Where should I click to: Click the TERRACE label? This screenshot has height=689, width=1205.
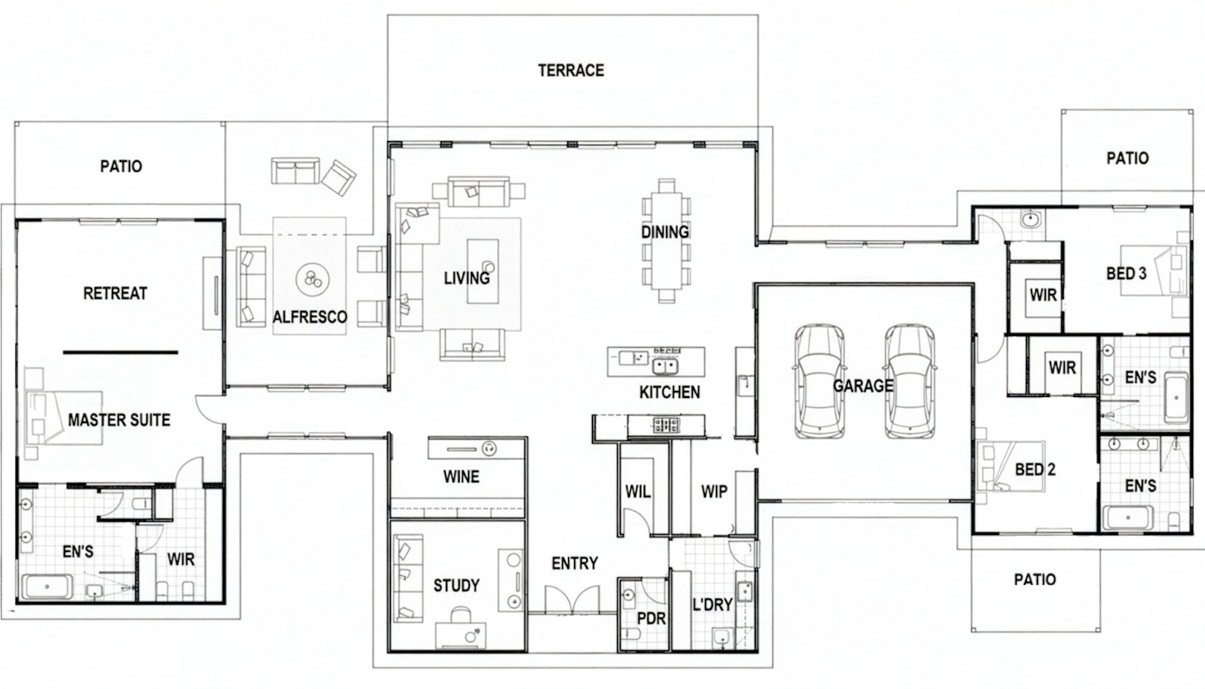coord(571,70)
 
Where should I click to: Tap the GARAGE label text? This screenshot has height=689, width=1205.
coord(862,386)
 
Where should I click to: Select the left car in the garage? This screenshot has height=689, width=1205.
coord(819,381)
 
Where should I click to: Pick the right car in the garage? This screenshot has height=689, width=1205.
coord(910,381)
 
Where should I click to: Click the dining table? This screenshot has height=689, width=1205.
coord(666,240)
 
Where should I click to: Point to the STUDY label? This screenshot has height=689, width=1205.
coord(456,585)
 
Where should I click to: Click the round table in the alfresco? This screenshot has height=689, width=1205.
coord(312,279)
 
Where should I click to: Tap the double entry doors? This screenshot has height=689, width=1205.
coord(572,599)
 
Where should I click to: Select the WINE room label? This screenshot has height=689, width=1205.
coord(461,476)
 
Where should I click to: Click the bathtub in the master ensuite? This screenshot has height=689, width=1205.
coord(46,587)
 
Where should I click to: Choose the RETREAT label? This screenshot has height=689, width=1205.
coord(115,294)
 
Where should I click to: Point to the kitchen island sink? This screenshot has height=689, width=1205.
coord(665,367)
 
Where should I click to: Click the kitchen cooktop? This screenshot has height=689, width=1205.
coord(666,425)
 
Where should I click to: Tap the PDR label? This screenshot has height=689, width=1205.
coord(652,618)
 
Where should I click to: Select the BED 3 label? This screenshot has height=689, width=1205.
coord(1127,274)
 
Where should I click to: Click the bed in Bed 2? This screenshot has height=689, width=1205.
coord(1010,467)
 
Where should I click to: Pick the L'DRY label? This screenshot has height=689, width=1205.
coord(713,605)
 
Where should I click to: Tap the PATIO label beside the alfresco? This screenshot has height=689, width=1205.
coord(121,165)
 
